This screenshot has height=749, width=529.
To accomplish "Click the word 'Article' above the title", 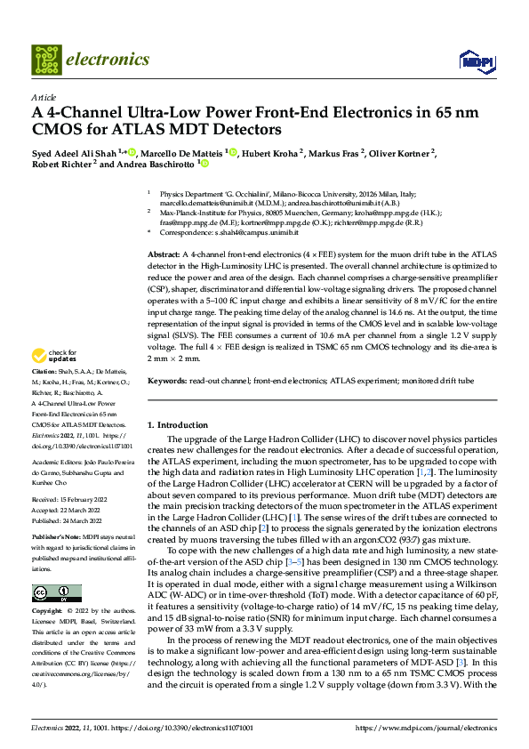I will click(x=44, y=97).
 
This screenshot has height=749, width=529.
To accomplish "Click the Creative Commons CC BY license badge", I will click(x=56, y=593).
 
